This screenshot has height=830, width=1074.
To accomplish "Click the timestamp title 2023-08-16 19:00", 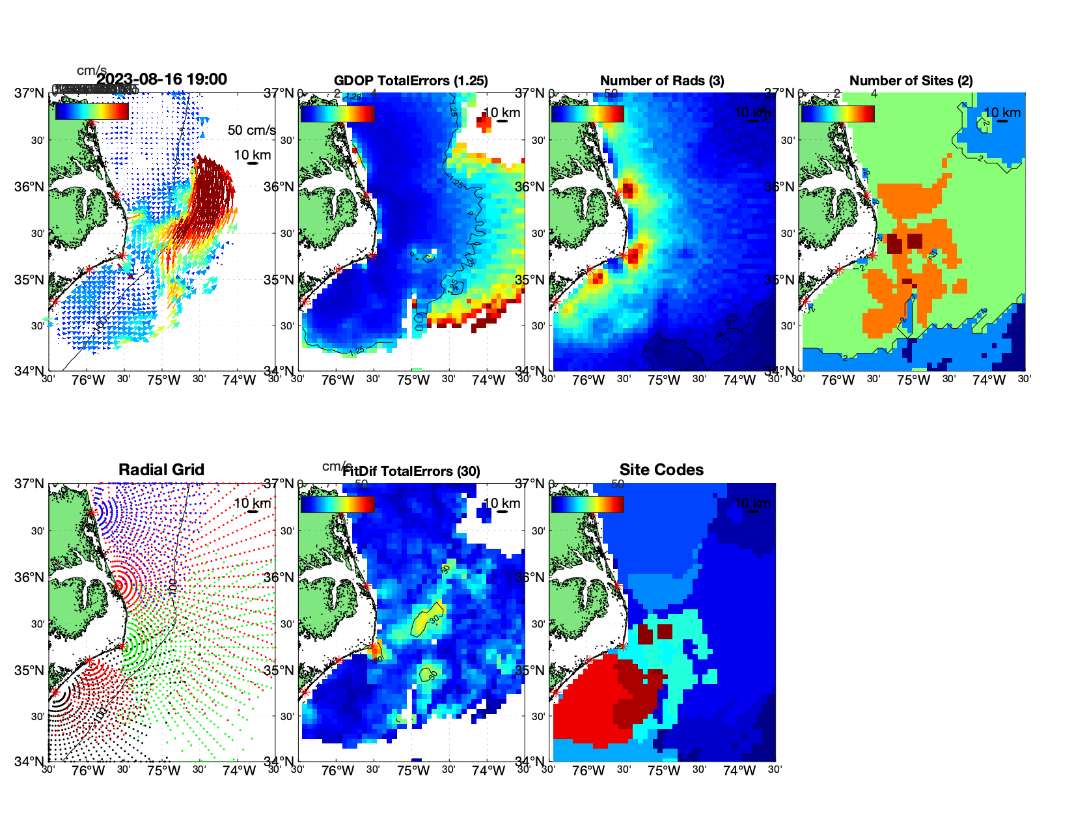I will pyautogui.click(x=162, y=79).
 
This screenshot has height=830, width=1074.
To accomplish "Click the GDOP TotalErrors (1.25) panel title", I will pyautogui.click(x=411, y=81).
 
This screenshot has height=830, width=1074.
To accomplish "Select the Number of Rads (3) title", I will pyautogui.click(x=662, y=81).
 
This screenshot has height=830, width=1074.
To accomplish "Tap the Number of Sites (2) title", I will pyautogui.click(x=911, y=81).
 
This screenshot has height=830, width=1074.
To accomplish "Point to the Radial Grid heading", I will pyautogui.click(x=161, y=470).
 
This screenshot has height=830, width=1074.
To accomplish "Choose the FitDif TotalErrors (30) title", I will pyautogui.click(x=411, y=471).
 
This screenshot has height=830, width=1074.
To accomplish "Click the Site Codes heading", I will pyautogui.click(x=661, y=470).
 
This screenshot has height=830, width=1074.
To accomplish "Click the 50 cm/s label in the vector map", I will pyautogui.click(x=251, y=130).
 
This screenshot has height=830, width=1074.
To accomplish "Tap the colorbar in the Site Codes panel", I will pyautogui.click(x=587, y=505).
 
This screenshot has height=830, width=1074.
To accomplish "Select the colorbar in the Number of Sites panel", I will pyautogui.click(x=838, y=114).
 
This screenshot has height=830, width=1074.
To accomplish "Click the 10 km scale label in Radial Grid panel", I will pyautogui.click(x=252, y=503).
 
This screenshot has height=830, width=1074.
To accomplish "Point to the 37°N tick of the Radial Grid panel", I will pyautogui.click(x=29, y=484).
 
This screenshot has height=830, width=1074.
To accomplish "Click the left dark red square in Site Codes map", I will pyautogui.click(x=645, y=634).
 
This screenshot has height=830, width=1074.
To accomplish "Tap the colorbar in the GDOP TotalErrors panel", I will pyautogui.click(x=337, y=114).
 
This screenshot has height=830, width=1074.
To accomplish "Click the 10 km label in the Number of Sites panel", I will pyautogui.click(x=1002, y=113).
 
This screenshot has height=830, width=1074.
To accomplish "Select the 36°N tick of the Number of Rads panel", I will pyautogui.click(x=530, y=187).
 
